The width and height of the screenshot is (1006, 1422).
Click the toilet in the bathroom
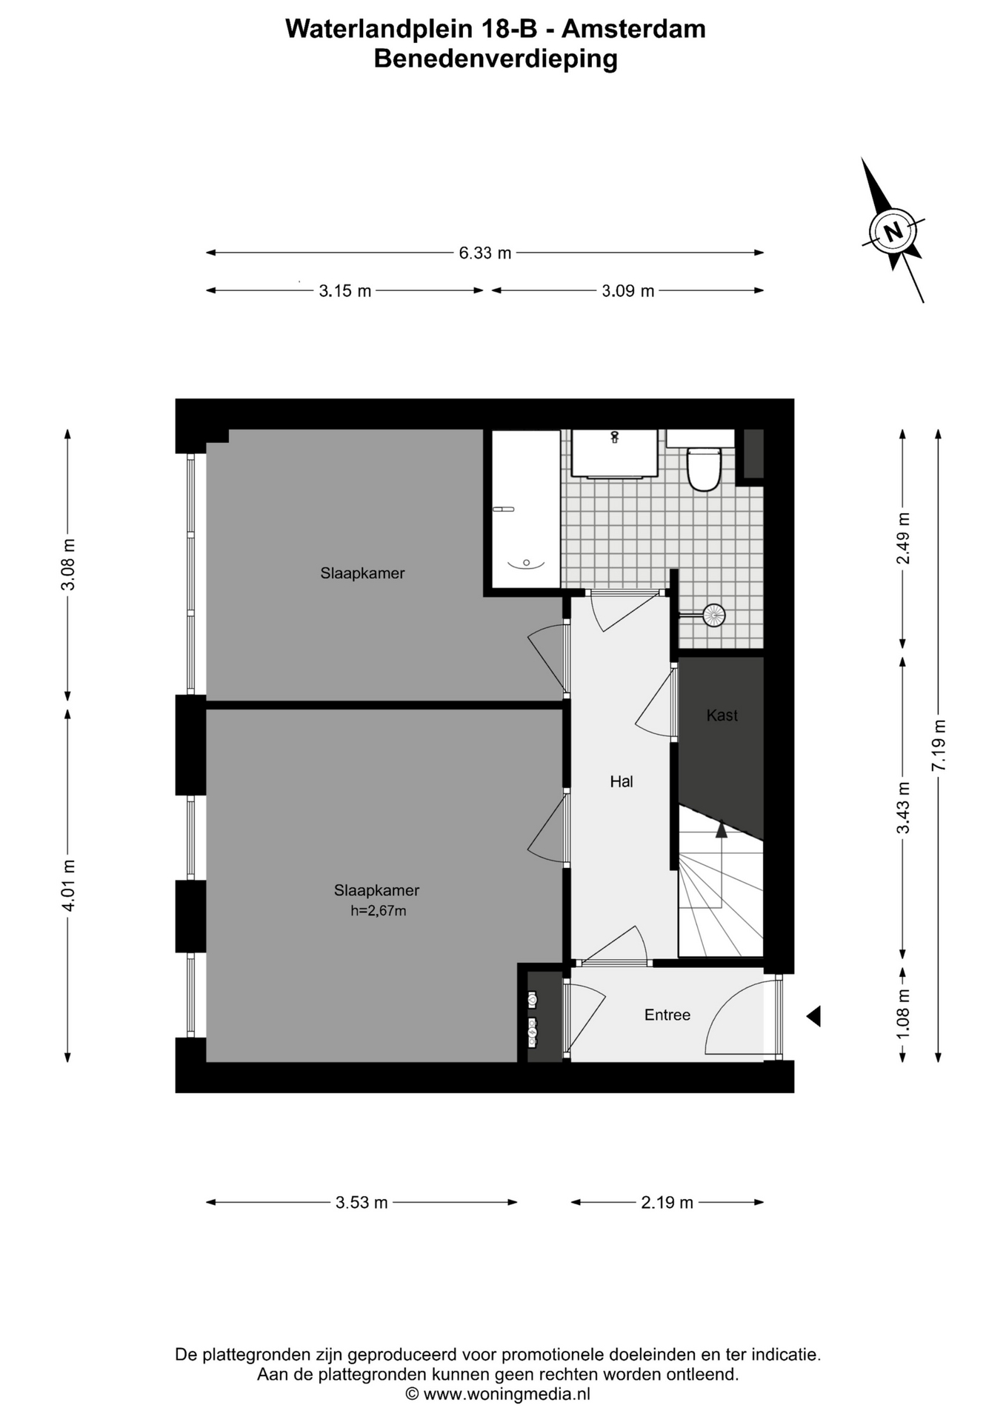click(703, 468)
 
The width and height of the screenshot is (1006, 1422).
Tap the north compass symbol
click(893, 231)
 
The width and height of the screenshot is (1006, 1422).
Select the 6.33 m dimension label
click(485, 253)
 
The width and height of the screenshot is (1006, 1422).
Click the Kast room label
click(722, 715)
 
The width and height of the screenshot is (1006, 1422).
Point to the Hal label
click(622, 781)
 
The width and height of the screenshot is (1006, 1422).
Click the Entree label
click(667, 1015)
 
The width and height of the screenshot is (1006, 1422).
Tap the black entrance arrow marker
click(813, 1016)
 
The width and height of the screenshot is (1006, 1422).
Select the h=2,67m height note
click(379, 911)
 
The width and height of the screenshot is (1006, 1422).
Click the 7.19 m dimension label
click(939, 745)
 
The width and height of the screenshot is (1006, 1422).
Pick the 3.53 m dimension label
click(362, 1203)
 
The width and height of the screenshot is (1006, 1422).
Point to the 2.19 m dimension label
click(667, 1203)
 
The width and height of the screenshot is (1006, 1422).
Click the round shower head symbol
click(714, 615)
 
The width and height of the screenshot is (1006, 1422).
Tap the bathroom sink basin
click(614, 454)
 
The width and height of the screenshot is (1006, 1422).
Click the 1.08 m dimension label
click(903, 1014)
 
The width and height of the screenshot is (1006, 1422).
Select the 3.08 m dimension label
click(68, 564)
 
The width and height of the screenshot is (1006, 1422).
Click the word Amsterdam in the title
click(633, 29)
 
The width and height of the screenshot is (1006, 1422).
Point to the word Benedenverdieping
click(496, 59)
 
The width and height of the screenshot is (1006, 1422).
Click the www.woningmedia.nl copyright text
click(498, 1394)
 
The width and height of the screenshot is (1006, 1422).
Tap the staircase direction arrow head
click(721, 829)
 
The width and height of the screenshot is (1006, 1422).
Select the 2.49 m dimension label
click(903, 538)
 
